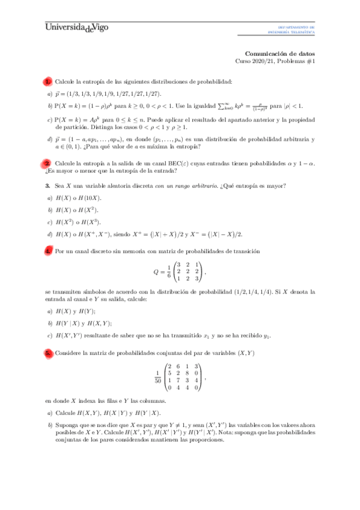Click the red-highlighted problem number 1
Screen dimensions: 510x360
tap(47, 81)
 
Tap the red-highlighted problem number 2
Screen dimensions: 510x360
tap(47, 163)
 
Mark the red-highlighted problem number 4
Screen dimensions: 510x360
tap(47, 250)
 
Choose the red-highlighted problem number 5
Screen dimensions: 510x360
tap(47, 353)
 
